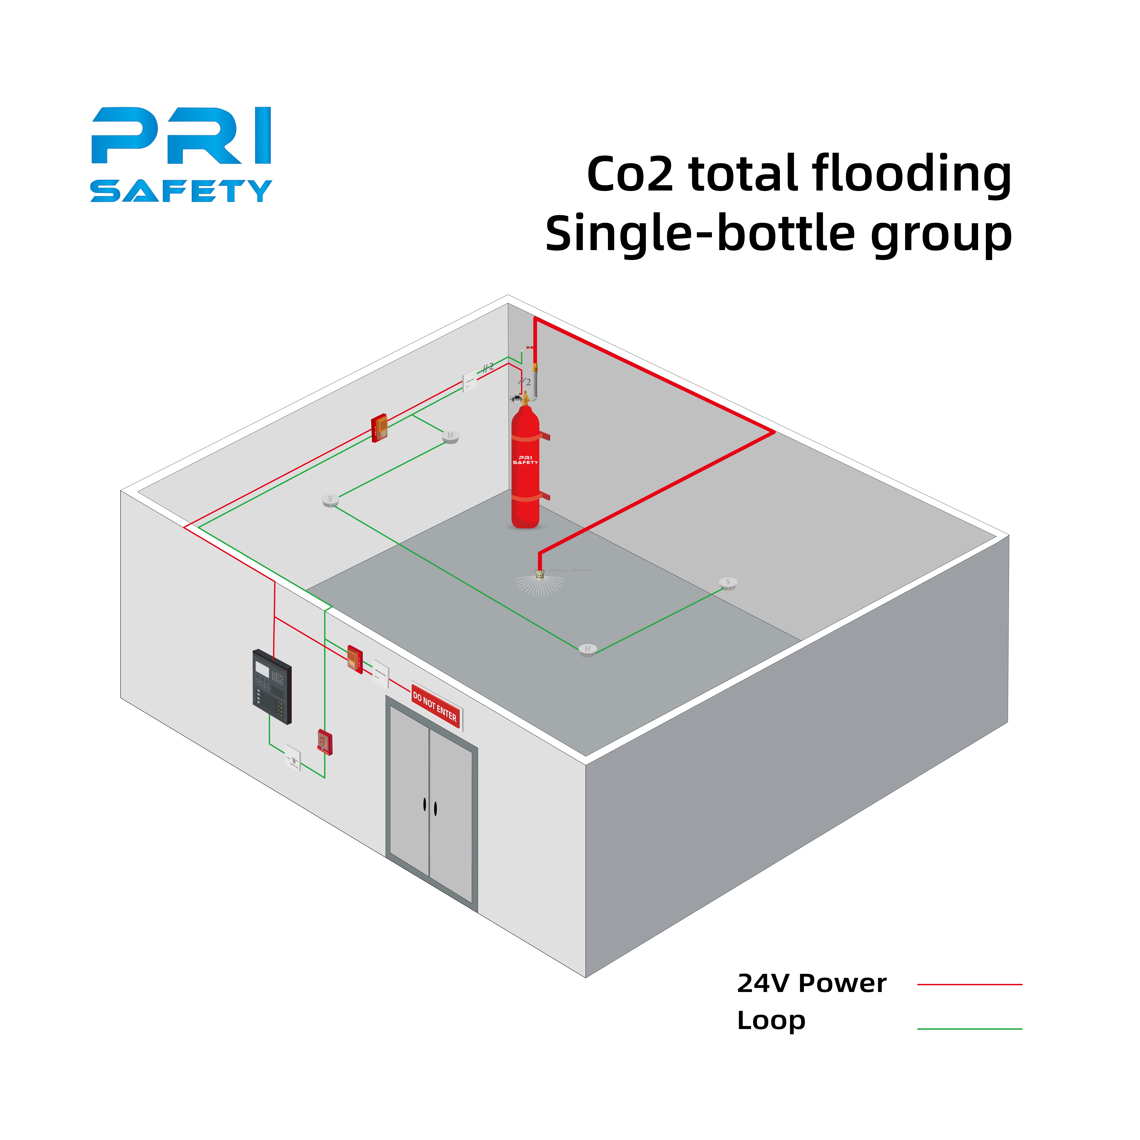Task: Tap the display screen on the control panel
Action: [263, 669]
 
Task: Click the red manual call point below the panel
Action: [324, 742]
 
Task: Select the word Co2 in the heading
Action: [630, 175]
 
